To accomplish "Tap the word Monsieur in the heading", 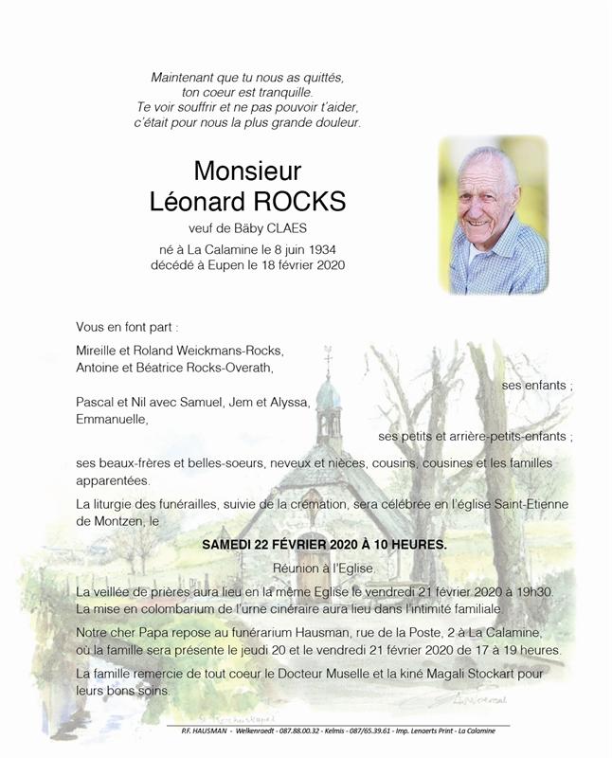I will [x=247, y=171].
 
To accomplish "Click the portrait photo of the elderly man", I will [x=493, y=215].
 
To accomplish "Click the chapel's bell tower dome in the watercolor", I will [x=328, y=393].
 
